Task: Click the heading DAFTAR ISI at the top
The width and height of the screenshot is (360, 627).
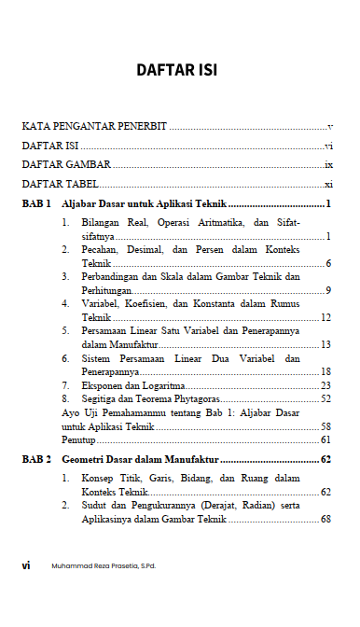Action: pyautogui.click(x=177, y=70)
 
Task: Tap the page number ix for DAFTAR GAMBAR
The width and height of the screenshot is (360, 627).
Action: pyautogui.click(x=328, y=164)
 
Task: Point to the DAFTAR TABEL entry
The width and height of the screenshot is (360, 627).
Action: pyautogui.click(x=60, y=184)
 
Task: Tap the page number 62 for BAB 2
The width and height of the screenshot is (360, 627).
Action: pyautogui.click(x=325, y=459)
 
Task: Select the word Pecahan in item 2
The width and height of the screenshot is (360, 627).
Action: pyautogui.click(x=100, y=250)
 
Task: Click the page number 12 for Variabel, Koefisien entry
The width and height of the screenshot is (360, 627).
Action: pyautogui.click(x=325, y=317)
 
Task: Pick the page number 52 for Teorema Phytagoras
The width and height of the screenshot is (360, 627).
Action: pyautogui.click(x=325, y=398)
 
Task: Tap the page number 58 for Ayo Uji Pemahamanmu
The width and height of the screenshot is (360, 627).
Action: pyautogui.click(x=325, y=425)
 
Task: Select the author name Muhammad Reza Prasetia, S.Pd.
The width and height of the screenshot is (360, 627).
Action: pyautogui.click(x=103, y=564)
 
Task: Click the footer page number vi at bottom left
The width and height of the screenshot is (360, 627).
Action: pyautogui.click(x=28, y=564)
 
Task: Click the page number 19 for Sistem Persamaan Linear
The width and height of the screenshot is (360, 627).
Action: pyautogui.click(x=325, y=371)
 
